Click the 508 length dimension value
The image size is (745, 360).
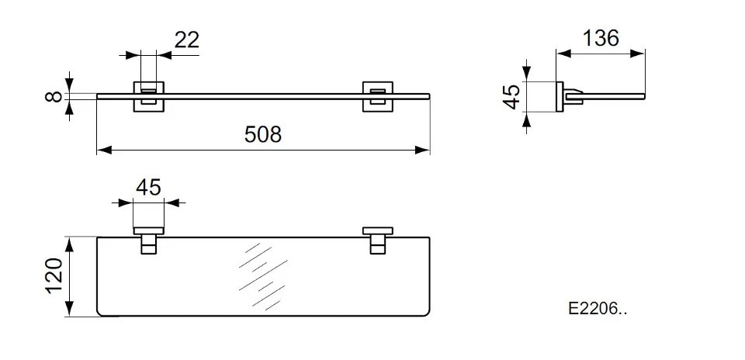click(263, 134)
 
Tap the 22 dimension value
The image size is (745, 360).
click(186, 40)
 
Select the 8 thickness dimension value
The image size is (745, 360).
click(54, 96)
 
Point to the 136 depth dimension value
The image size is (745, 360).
click(601, 39)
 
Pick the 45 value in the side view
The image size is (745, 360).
click(511, 97)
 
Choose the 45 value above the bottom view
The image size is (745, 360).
click(148, 188)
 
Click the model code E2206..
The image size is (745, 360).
click(598, 309)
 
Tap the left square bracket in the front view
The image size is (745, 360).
click(149, 96)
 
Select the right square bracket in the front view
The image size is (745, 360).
click(378, 96)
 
